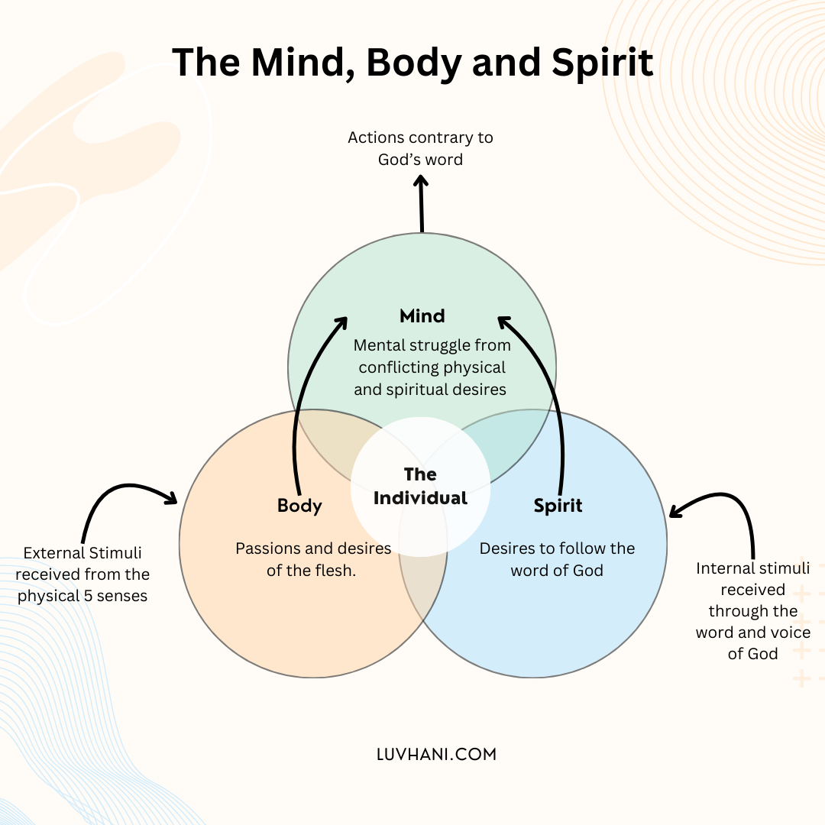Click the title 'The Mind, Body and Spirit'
coord(412,63)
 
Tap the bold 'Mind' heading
coord(422,315)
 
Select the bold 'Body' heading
coord(299,506)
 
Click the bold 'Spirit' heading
coord(558,506)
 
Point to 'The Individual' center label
coord(420,487)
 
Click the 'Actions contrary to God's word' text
coord(420,148)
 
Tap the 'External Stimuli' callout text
coord(82,574)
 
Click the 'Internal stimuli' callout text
coord(752,610)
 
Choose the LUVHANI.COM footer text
coord(436,754)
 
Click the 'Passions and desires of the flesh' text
coord(313,559)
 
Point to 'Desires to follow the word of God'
coord(557,559)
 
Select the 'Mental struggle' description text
coord(432,367)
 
